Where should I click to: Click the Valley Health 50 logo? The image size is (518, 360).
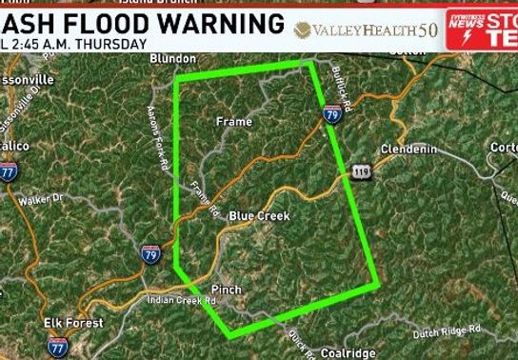click(x=368, y=30)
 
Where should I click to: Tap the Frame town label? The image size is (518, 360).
click(x=234, y=122)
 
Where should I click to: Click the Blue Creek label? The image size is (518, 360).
click(x=258, y=216)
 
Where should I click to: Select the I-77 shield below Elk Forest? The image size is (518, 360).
click(x=58, y=346)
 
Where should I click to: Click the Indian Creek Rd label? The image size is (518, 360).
click(x=182, y=301)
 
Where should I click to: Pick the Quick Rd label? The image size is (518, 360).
click(x=296, y=342)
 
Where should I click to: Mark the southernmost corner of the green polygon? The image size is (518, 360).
click(x=228, y=334)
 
